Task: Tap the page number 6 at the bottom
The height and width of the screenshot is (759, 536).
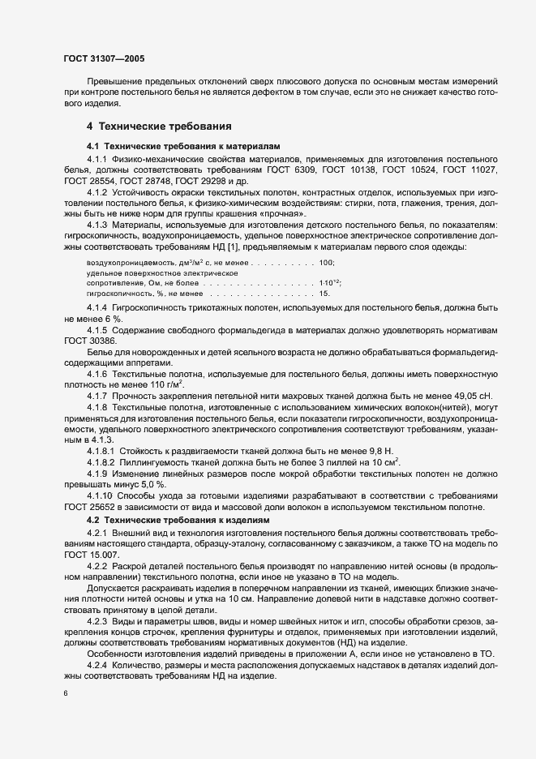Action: (66, 694)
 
